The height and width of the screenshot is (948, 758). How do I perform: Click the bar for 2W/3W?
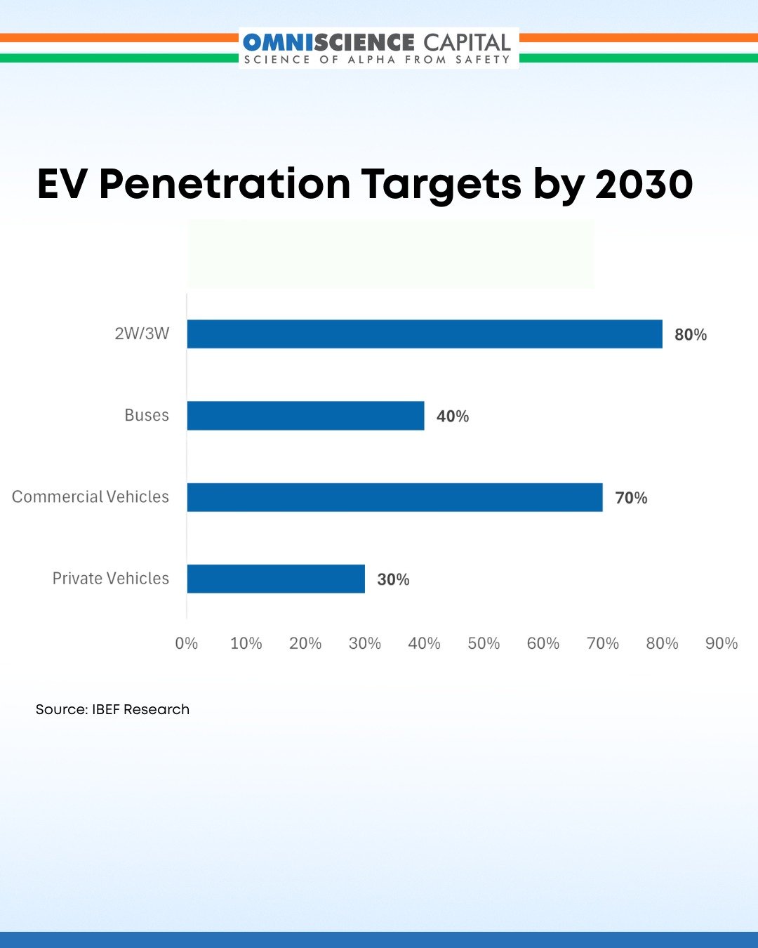click(425, 334)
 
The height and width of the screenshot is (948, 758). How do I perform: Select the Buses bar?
click(305, 416)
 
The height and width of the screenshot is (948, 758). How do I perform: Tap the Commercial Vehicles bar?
click(394, 497)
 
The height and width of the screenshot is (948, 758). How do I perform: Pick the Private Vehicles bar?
click(276, 579)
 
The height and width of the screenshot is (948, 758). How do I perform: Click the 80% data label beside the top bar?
click(691, 335)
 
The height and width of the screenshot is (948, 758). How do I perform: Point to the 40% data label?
click(453, 416)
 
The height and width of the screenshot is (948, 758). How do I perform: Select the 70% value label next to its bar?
click(631, 498)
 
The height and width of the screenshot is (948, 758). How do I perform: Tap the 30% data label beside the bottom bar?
click(393, 579)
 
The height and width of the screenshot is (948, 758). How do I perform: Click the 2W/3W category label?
click(142, 334)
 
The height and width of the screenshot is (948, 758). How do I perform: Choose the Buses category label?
click(147, 415)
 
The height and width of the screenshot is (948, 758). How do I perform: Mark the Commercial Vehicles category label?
click(91, 496)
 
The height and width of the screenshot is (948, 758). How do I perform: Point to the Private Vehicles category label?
click(111, 578)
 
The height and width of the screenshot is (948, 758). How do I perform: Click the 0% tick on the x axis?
click(187, 643)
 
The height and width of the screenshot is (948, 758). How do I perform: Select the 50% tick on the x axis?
click(484, 643)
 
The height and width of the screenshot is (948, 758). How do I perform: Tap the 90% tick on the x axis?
click(722, 643)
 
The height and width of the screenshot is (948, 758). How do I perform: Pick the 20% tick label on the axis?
click(305, 643)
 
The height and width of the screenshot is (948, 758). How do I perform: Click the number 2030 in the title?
click(644, 184)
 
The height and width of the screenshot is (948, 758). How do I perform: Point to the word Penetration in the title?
click(225, 184)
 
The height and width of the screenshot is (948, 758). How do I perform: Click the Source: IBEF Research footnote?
click(112, 709)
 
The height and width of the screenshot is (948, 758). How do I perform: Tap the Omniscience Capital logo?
click(378, 48)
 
